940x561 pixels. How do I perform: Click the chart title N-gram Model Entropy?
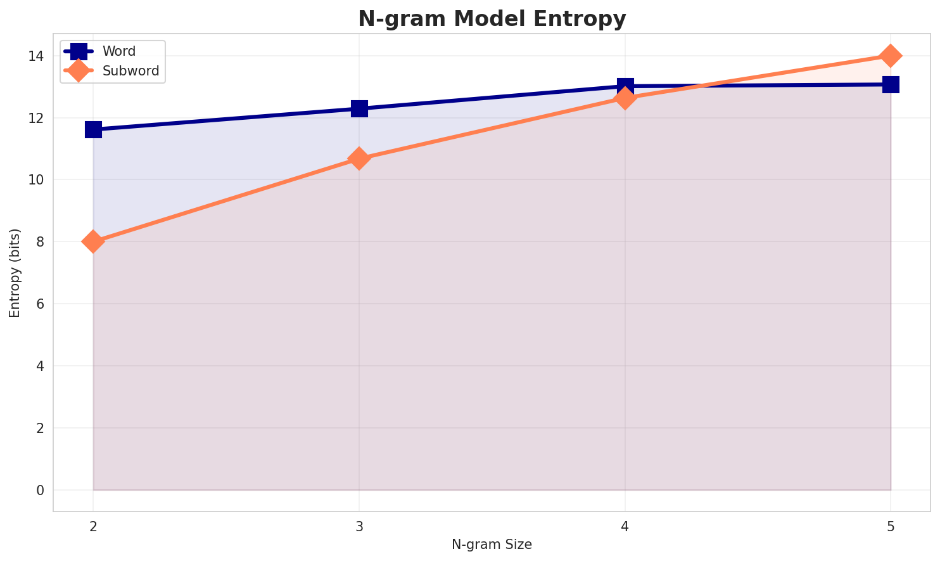pos(492,18)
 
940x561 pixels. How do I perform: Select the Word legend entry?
pos(119,51)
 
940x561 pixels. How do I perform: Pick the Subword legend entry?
pos(130,71)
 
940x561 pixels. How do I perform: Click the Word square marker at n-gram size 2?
pos(93,129)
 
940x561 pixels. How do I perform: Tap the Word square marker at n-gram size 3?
pos(359,108)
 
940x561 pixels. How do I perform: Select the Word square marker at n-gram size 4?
pos(625,86)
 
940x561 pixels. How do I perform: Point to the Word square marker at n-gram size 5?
pos(891,84)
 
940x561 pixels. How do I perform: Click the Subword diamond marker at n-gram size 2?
pos(93,242)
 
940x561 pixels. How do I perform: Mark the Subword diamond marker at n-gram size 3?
pos(359,158)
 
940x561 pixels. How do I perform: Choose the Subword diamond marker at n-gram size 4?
pos(625,98)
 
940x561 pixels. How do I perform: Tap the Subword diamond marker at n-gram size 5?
pos(891,56)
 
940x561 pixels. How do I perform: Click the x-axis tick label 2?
pos(93,526)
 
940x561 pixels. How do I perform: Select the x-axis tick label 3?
pos(359,526)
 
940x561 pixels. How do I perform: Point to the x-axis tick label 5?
pos(891,526)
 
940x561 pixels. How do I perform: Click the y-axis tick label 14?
pos(36,56)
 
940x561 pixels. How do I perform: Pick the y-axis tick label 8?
pos(39,242)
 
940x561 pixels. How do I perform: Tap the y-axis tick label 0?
pos(39,491)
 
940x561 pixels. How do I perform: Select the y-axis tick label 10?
pos(36,180)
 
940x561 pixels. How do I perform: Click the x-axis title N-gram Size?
pos(492,545)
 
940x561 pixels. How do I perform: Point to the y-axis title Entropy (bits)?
pos(15,273)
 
